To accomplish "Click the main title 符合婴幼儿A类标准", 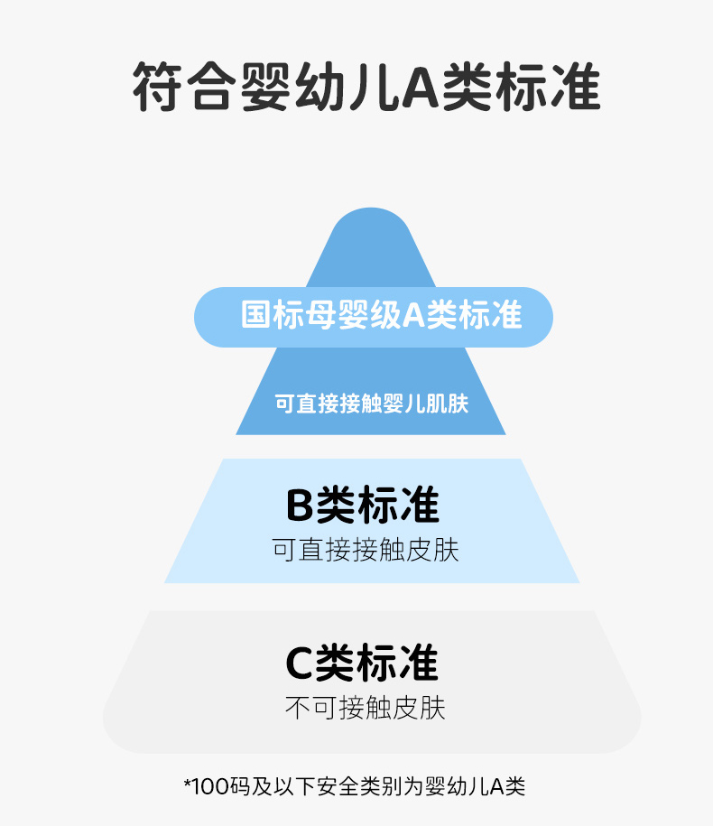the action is click(x=366, y=88).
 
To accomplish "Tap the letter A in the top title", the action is click(x=419, y=88).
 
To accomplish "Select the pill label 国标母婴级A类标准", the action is click(x=374, y=316).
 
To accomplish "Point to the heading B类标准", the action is click(x=362, y=506).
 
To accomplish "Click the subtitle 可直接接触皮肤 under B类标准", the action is click(x=366, y=550).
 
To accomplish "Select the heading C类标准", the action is click(x=362, y=664).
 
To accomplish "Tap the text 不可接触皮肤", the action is click(x=366, y=708).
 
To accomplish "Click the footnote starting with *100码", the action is click(x=355, y=786).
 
